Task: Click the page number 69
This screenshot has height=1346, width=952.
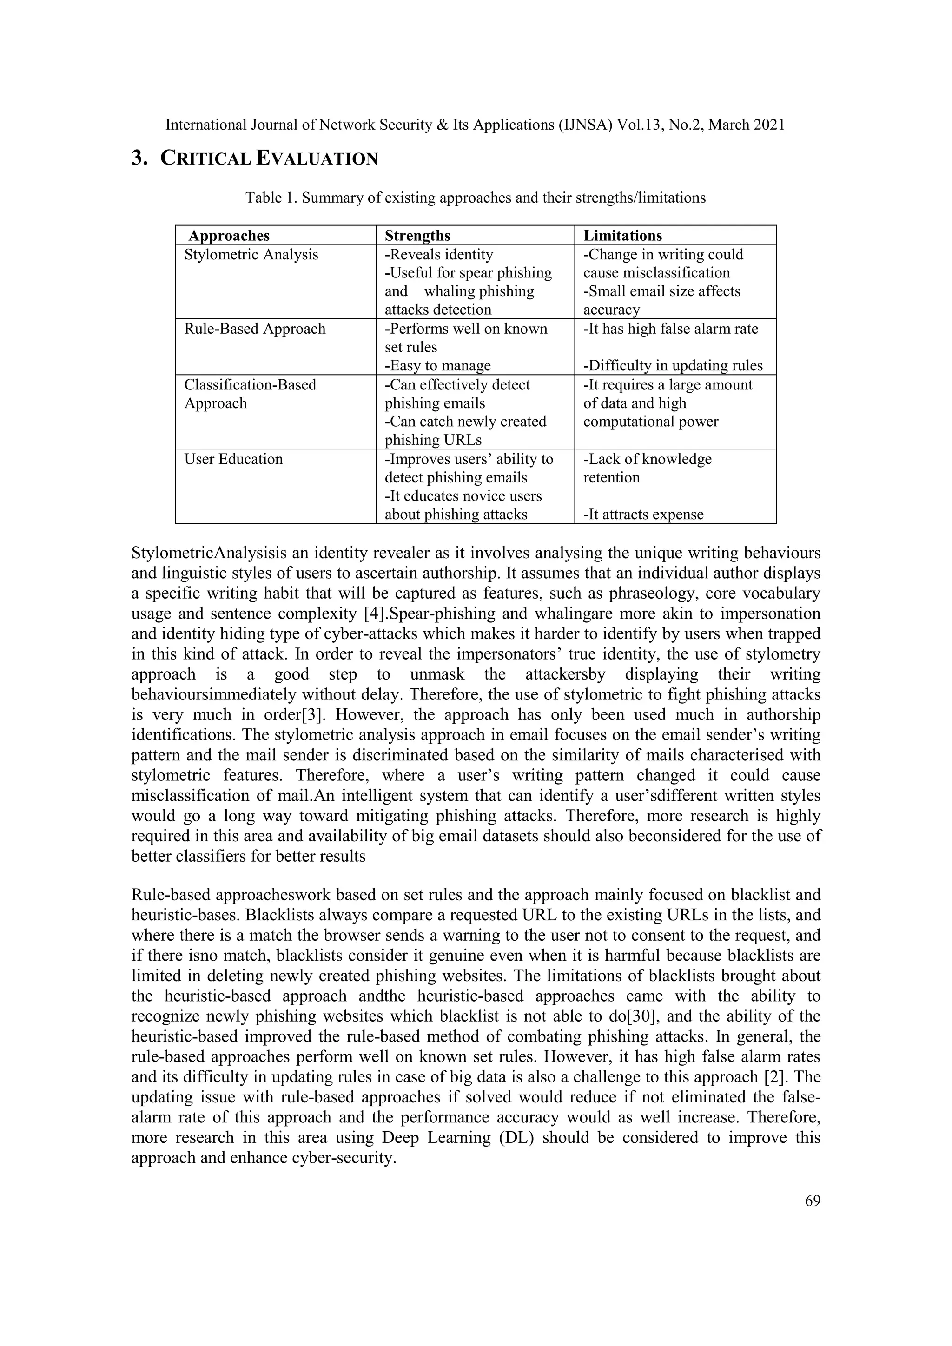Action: coord(813,1201)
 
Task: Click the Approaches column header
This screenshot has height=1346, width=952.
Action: coord(229,236)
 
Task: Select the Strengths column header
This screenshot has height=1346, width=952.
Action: coord(417,236)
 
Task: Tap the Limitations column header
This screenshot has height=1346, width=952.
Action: coord(622,236)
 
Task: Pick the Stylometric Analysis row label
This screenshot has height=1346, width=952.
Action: coord(251,254)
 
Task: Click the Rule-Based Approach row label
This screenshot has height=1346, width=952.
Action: coord(255,329)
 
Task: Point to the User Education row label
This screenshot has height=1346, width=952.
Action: coord(233,459)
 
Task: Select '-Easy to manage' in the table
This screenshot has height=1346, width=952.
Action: coord(438,366)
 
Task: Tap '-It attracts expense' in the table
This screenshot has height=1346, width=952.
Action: coord(643,515)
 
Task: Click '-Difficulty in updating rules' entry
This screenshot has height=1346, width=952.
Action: coord(673,366)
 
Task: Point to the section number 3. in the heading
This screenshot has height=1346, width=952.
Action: coord(139,158)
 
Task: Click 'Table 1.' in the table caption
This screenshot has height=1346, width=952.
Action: coord(271,198)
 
